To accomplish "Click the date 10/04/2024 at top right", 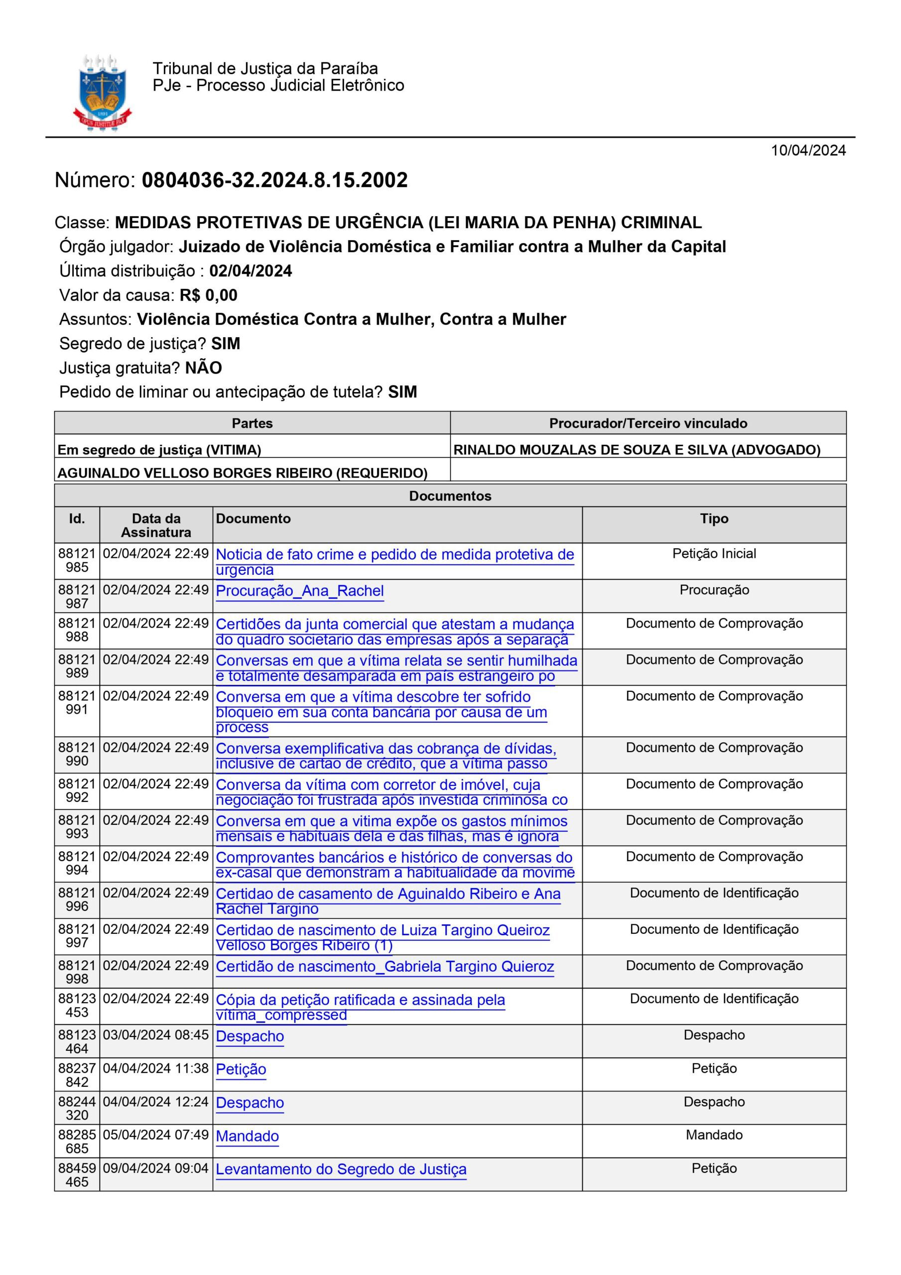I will point(808,150).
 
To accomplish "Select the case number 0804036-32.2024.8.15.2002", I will point(274,180).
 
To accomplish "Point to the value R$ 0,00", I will point(208,295).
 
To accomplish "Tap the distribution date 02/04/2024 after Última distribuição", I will point(251,270).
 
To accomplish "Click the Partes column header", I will point(252,423).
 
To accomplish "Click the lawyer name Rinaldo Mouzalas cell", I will point(637,450).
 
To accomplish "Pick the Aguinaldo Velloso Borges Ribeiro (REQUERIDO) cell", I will point(243,473).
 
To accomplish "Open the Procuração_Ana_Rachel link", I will point(299,591).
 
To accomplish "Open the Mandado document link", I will point(247,1136).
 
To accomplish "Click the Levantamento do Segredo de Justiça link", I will point(341,1169).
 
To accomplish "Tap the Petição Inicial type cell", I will point(714,554).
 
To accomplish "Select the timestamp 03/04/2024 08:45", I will point(155,1035).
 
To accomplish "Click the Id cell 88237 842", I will point(77,1075).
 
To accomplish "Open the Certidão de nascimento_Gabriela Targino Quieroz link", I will point(385,966).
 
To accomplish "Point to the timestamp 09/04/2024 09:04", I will point(155,1168).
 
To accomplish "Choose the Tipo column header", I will point(714,518).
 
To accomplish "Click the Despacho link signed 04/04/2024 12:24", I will point(250,1103).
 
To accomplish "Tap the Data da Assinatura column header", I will point(155,525).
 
